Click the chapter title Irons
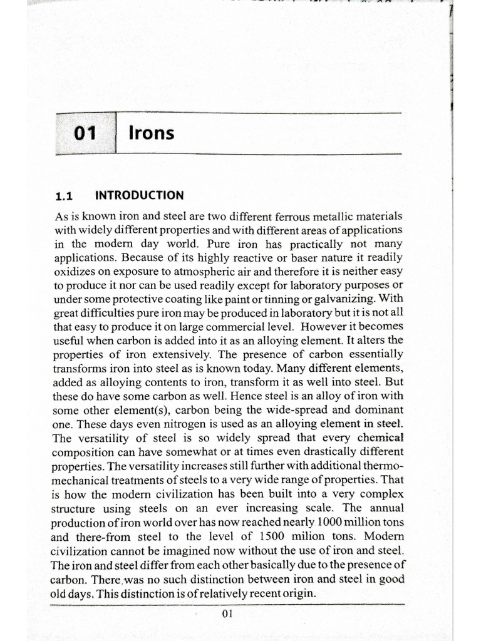click(x=151, y=133)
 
